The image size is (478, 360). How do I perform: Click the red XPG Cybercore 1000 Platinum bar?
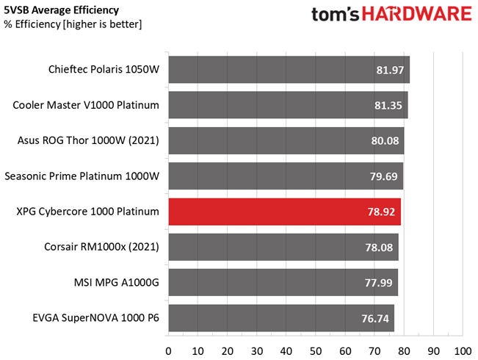point(285,212)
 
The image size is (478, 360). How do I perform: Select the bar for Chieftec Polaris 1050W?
point(289,70)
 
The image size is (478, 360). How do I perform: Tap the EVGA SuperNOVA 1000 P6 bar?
point(281,318)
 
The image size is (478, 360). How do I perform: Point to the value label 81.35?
point(388,105)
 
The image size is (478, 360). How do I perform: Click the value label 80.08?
point(385,140)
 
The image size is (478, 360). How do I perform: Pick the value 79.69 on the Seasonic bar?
point(383,176)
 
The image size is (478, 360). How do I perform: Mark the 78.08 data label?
point(379,248)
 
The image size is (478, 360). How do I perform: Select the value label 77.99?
point(378,283)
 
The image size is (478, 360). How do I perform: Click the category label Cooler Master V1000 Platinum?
point(86,105)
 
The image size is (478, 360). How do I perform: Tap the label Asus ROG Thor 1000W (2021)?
point(88,140)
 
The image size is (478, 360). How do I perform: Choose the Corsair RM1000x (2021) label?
point(101,247)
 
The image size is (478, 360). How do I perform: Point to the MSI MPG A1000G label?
point(117,282)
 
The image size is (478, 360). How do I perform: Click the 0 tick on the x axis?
point(168,351)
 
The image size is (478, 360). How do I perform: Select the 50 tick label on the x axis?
point(316,351)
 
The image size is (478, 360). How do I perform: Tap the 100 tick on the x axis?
point(463,351)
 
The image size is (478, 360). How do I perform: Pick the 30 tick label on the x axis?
point(257,351)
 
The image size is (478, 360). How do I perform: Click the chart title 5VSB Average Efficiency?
point(61,10)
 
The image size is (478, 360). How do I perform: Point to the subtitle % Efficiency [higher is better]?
point(73,24)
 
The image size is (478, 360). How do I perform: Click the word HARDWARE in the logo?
point(417,14)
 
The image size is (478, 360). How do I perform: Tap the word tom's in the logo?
point(336,15)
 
